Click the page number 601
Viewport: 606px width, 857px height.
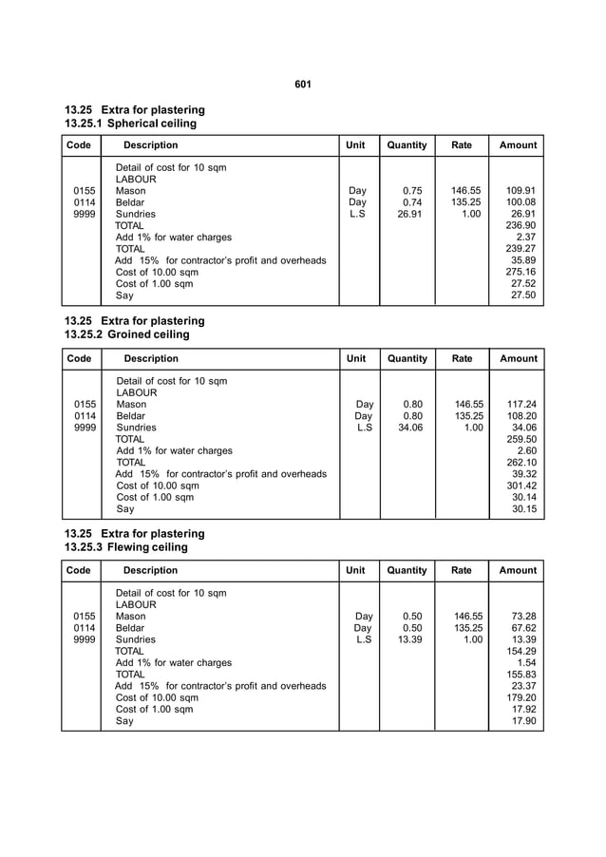point(303,86)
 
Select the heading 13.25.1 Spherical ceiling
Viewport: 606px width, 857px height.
point(130,124)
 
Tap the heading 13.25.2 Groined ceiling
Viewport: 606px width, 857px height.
point(126,334)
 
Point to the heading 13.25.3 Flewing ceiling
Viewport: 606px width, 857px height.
point(125,547)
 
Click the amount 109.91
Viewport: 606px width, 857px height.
point(521,190)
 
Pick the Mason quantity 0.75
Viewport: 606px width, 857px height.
point(412,190)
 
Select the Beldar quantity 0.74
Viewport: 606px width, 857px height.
point(412,202)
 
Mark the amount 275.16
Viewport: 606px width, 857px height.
point(521,272)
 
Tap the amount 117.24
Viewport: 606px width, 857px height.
point(521,404)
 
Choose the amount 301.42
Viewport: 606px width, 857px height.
point(521,486)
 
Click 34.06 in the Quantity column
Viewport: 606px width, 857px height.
point(410,428)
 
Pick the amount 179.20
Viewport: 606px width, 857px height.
point(521,697)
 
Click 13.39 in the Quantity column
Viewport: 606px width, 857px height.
point(410,639)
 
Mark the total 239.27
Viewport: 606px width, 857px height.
point(521,249)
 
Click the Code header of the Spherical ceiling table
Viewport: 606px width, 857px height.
point(79,145)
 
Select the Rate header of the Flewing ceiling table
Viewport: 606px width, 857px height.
point(462,571)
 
